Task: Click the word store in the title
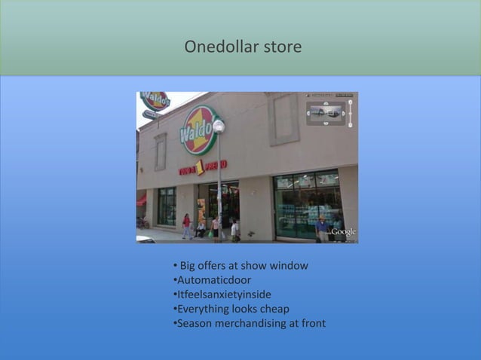click(282, 47)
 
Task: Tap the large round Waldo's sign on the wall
click(198, 131)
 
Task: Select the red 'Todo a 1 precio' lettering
click(203, 166)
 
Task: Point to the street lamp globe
click(219, 126)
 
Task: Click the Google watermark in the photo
click(343, 232)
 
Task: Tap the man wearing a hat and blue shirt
click(323, 227)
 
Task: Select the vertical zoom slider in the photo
click(349, 113)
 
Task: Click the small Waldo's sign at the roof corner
click(155, 100)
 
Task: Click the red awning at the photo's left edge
click(141, 200)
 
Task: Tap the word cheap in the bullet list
click(274, 309)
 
